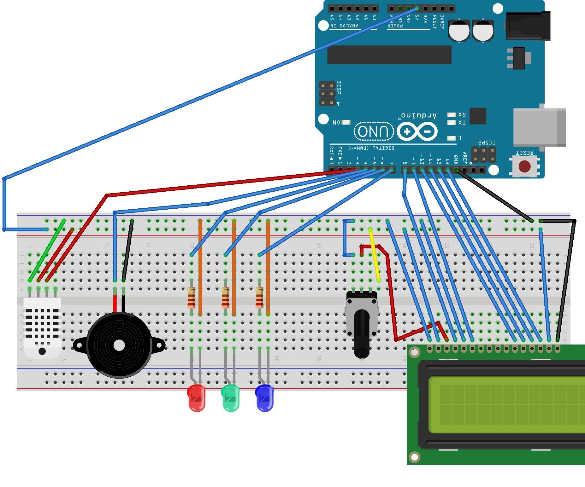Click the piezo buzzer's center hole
tap(119, 345)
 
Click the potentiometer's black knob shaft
tap(362, 334)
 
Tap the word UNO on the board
tap(374, 131)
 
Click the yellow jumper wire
tap(375, 255)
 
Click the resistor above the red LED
tap(191, 297)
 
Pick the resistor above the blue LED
tap(259, 297)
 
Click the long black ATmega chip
tap(389, 55)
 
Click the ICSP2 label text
tap(487, 143)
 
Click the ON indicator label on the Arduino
tap(337, 122)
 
